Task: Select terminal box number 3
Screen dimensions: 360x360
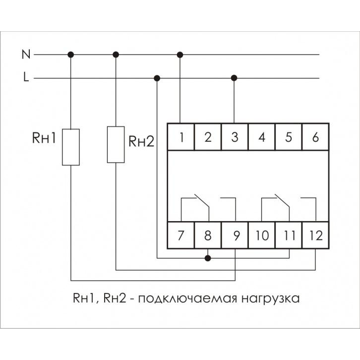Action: (235, 136)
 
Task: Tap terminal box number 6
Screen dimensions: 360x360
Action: (315, 136)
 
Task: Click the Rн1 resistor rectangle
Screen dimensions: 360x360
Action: (71, 146)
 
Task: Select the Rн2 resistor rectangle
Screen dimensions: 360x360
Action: (116, 144)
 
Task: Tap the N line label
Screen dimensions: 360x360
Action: (26, 54)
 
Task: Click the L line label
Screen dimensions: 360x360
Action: (26, 78)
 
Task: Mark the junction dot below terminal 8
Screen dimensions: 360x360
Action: (208, 258)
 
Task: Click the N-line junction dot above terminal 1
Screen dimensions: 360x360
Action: (180, 54)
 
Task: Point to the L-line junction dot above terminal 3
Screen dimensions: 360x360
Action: (235, 78)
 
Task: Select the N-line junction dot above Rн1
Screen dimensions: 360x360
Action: (71, 54)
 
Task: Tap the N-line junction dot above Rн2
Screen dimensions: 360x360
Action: (116, 54)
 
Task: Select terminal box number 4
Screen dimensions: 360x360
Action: (262, 136)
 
